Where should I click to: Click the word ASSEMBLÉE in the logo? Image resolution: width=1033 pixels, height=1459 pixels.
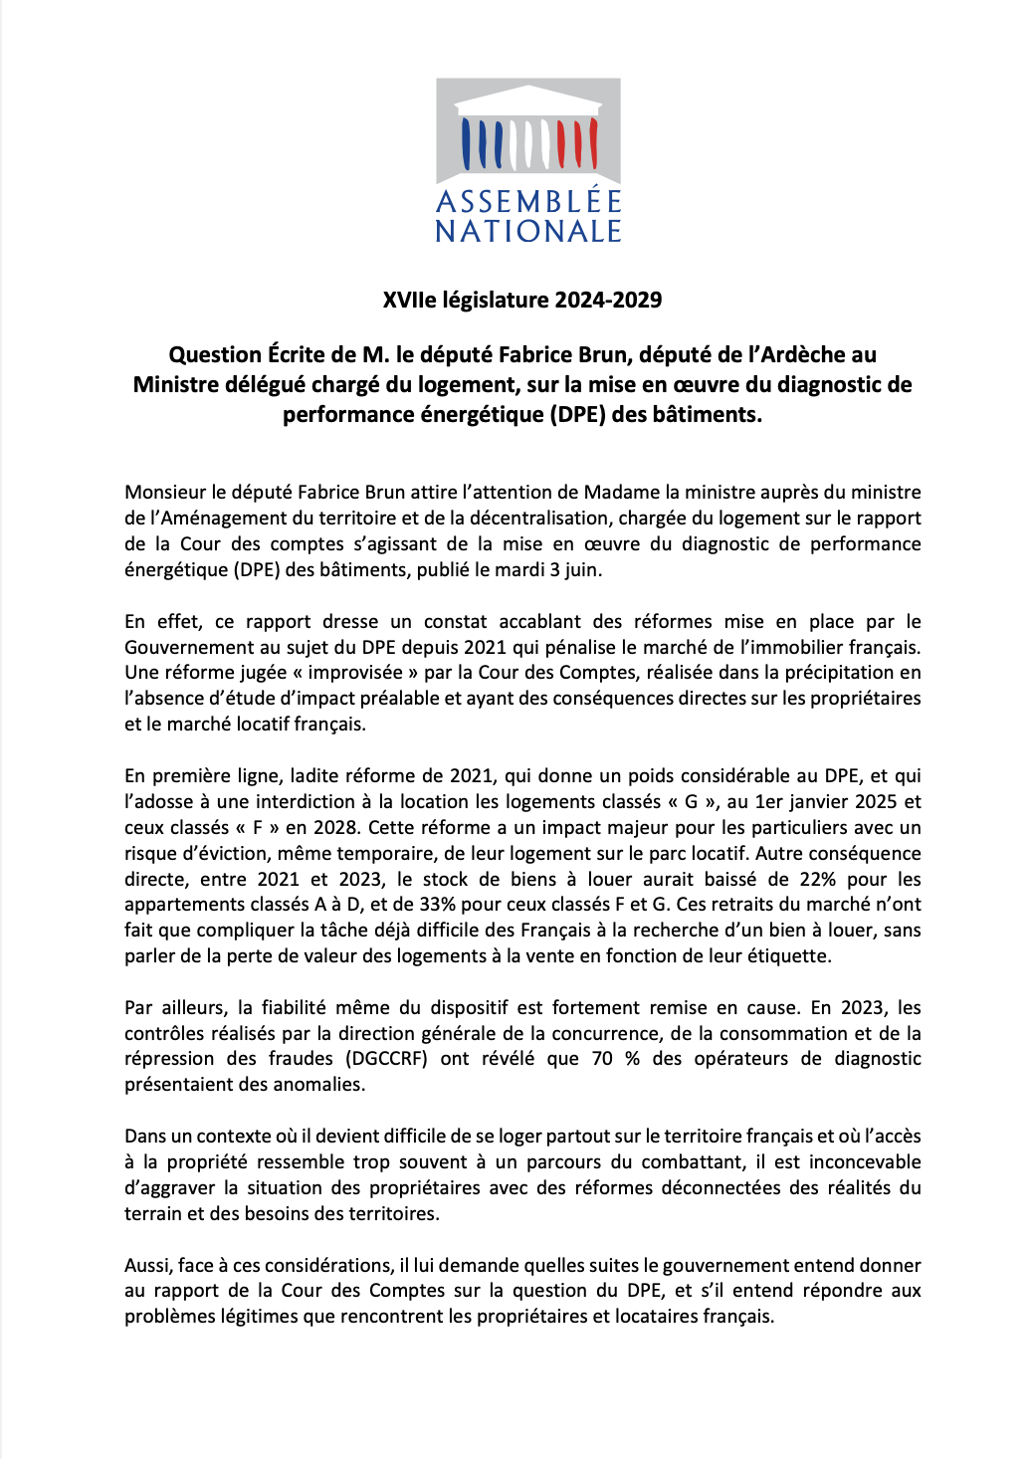pos(528,202)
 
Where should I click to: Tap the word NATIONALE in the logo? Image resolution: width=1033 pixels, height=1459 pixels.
pos(528,232)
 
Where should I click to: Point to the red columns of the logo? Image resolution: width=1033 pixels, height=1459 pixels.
pos(576,144)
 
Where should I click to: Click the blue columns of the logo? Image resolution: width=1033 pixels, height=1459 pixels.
pos(482,144)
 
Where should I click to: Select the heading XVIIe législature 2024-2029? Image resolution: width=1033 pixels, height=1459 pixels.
pos(522,300)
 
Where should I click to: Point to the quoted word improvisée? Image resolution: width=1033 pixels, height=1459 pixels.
pos(355,672)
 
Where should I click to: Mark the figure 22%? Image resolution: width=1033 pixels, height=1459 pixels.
pos(817,879)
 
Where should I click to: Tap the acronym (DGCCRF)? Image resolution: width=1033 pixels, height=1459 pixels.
pos(386,1058)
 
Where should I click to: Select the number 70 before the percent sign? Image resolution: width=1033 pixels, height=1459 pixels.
pos(602,1058)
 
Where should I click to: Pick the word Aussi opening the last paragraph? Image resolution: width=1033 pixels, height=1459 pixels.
pos(147,1265)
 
